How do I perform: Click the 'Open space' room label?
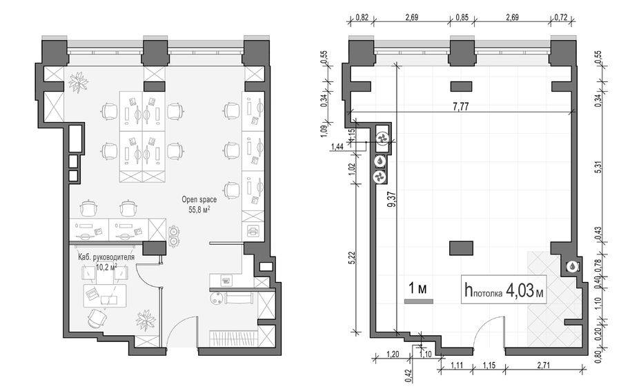(x=199, y=199)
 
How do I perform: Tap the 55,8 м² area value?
(x=199, y=210)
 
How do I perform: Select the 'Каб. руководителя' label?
(x=106, y=257)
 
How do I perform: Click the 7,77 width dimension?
(x=461, y=107)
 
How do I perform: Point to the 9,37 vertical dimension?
(x=392, y=199)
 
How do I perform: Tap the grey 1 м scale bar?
(x=419, y=301)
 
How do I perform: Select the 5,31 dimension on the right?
(x=598, y=166)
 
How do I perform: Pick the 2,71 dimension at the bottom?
(x=544, y=366)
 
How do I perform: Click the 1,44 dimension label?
(x=337, y=147)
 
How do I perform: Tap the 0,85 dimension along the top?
(x=462, y=17)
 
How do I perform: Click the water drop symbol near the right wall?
(x=572, y=267)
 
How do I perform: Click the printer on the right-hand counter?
(x=253, y=231)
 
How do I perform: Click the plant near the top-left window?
(x=79, y=82)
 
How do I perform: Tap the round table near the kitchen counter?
(x=217, y=298)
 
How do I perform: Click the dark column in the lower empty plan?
(x=461, y=248)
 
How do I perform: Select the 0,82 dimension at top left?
(x=362, y=17)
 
